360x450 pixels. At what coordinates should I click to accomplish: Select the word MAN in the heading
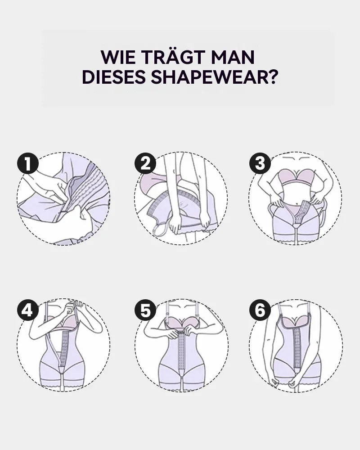(x=233, y=57)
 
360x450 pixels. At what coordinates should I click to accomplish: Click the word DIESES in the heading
(x=113, y=77)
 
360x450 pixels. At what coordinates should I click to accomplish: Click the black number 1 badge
(x=28, y=164)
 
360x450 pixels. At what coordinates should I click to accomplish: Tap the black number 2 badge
(x=145, y=164)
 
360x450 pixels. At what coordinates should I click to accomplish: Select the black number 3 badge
(x=260, y=164)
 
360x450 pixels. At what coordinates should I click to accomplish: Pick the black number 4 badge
(x=28, y=310)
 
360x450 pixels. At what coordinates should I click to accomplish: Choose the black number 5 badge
(x=145, y=310)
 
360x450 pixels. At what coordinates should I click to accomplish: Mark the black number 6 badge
(x=260, y=310)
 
